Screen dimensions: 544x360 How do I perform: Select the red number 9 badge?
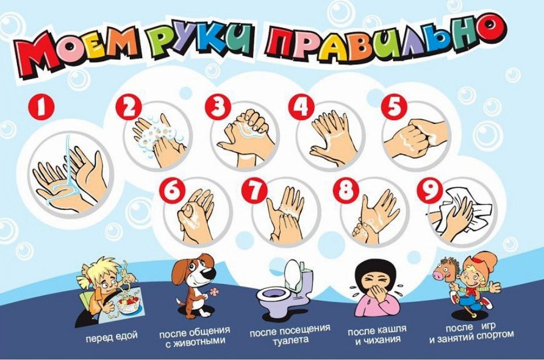point(430,191)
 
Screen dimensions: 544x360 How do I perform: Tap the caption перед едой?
point(112,337)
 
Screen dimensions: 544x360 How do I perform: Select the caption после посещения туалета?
point(290,333)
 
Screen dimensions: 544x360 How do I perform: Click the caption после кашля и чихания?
point(377,334)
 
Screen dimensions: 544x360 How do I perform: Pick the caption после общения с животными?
point(195,335)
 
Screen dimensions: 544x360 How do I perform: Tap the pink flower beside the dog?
point(214,292)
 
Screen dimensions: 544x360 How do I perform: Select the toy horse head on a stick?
point(444,274)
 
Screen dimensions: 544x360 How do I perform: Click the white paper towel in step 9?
point(461,211)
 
